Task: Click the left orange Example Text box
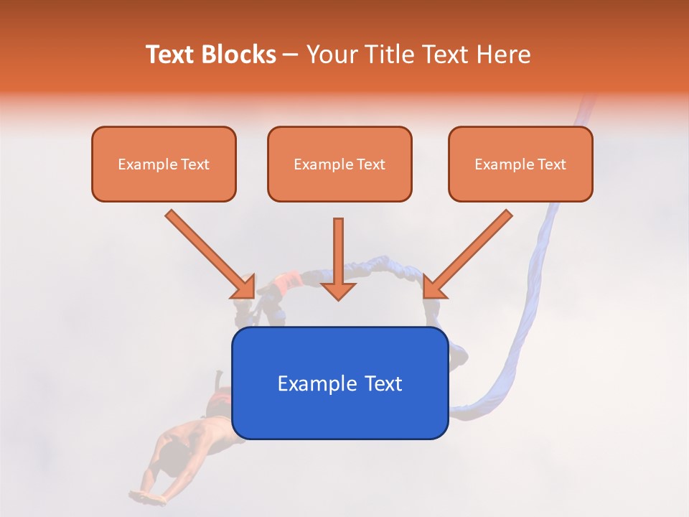point(164,164)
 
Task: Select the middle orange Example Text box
point(339,164)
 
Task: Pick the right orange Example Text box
point(520,164)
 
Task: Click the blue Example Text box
point(339,383)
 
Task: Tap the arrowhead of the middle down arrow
point(338,290)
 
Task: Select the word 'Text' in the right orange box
point(552,164)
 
